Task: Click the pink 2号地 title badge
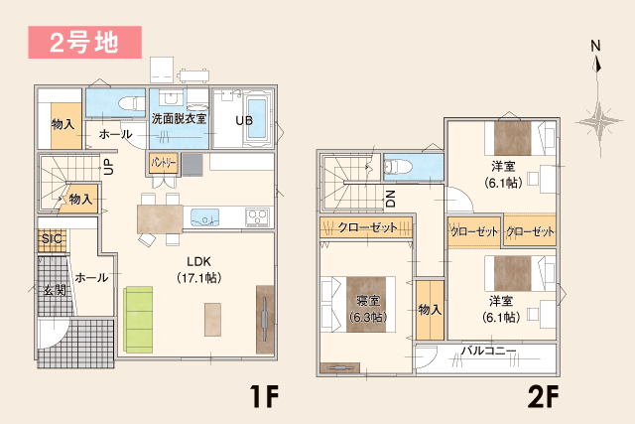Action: coord(84,43)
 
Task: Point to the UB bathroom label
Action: coord(243,120)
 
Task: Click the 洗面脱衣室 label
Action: coord(179,119)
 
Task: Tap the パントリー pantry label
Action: coord(165,162)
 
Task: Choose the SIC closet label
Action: coord(52,240)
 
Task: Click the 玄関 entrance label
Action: coord(54,290)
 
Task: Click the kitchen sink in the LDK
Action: coord(207,216)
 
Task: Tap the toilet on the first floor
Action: coord(130,102)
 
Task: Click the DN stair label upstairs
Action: coord(390,198)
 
